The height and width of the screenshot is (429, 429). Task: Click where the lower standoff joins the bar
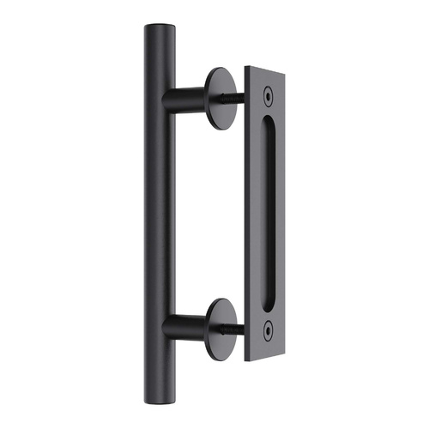point(167,326)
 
